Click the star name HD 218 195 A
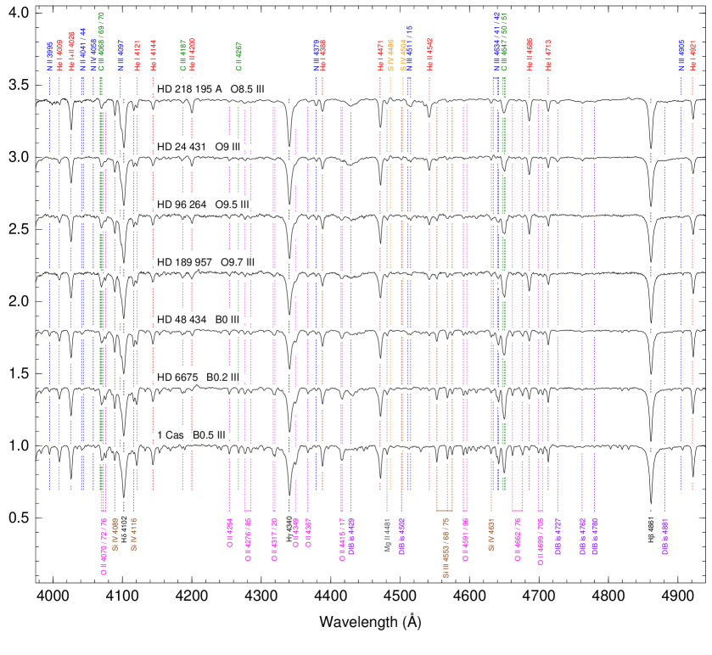pyautogui.click(x=190, y=89)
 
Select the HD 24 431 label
pyautogui.click(x=182, y=147)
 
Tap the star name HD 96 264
pyautogui.click(x=182, y=204)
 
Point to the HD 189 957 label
pyautogui.click(x=185, y=262)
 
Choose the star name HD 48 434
pyautogui.click(x=182, y=320)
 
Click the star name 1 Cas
pyautogui.click(x=171, y=435)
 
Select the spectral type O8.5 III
pyautogui.click(x=248, y=89)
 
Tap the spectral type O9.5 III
pyautogui.click(x=232, y=204)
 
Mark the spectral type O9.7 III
pyautogui.click(x=237, y=262)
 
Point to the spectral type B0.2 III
pyautogui.click(x=222, y=378)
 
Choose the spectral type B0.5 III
pyautogui.click(x=209, y=435)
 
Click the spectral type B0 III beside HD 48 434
pyautogui.click(x=227, y=320)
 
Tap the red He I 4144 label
pyautogui.click(x=154, y=55)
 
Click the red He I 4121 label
pyautogui.click(x=137, y=55)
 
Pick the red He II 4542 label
pyautogui.click(x=429, y=53)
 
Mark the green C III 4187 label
pyautogui.click(x=182, y=55)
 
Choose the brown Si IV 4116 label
pyautogui.click(x=134, y=534)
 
